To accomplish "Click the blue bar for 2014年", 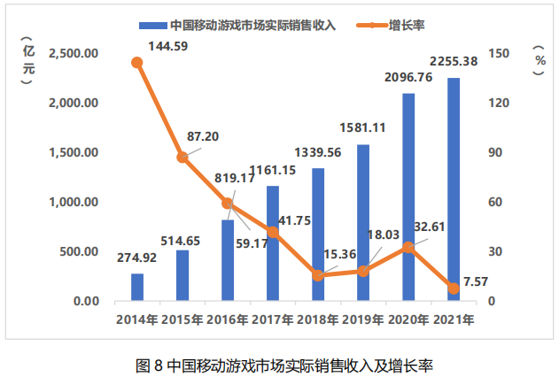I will (137, 287).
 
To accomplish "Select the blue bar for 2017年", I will (273, 243).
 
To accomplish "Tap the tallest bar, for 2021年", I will (454, 189).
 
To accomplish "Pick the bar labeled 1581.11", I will (363, 223).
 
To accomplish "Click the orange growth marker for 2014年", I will (137, 63).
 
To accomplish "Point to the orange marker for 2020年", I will (408, 248).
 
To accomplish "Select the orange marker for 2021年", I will (454, 289).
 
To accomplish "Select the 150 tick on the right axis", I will (501, 53).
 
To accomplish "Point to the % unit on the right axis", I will (540, 60).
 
